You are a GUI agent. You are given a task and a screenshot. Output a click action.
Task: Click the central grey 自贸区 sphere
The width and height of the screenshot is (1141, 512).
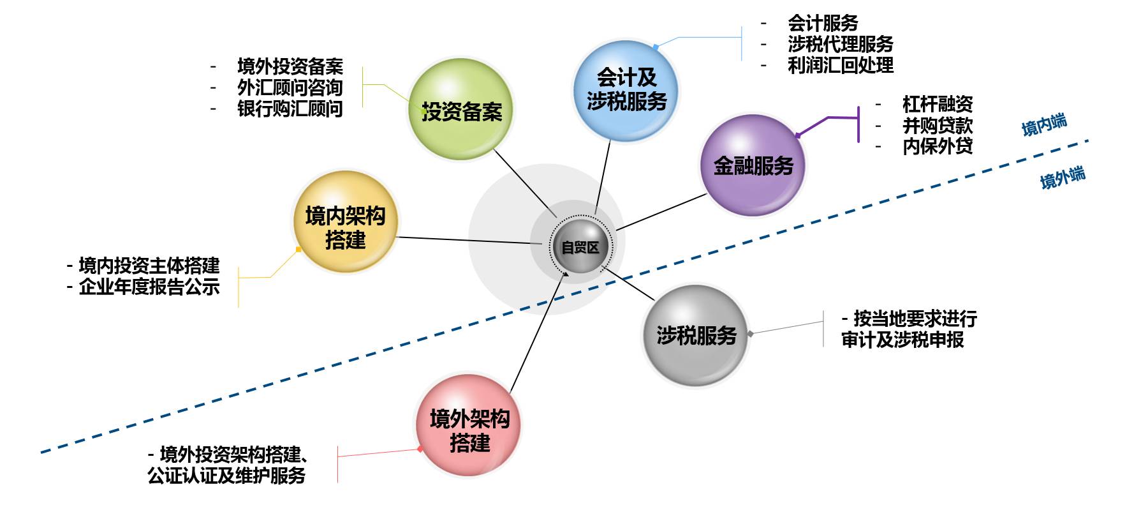click(x=580, y=247)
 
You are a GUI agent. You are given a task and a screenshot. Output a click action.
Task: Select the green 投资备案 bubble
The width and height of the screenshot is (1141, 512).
click(x=461, y=110)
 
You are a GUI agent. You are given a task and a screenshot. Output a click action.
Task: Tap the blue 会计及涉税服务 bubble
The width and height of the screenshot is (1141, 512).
click(x=626, y=91)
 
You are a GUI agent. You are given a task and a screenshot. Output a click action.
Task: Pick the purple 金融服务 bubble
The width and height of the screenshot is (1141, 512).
click(x=753, y=165)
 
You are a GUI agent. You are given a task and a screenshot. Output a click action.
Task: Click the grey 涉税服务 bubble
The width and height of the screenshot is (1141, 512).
click(x=695, y=335)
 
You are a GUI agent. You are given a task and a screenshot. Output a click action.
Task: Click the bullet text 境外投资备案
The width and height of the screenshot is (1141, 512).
click(x=290, y=66)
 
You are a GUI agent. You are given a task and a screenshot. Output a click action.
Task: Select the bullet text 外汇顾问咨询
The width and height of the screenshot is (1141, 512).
click(x=290, y=87)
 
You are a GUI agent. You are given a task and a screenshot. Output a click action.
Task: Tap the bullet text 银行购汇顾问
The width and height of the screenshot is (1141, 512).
click(x=290, y=109)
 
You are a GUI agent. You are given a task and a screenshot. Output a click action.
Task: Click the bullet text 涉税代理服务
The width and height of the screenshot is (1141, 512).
click(x=840, y=44)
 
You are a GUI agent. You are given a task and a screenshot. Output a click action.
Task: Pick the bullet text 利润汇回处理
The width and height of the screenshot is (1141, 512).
click(x=840, y=65)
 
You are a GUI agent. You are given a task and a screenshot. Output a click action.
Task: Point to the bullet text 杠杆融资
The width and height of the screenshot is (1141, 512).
click(x=937, y=104)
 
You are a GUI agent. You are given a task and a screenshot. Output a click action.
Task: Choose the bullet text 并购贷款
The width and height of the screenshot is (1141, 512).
click(x=937, y=125)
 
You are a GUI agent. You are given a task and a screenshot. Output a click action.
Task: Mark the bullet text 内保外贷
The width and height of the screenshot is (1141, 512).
click(x=937, y=146)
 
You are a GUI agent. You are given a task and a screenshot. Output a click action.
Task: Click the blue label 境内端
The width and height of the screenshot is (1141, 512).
click(x=1044, y=124)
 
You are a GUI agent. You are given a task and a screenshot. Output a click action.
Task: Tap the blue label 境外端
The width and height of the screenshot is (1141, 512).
click(x=1063, y=177)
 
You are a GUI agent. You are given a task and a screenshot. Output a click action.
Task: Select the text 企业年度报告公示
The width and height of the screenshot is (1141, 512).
click(x=149, y=287)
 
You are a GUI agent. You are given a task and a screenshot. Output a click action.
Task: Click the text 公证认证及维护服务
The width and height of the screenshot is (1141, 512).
click(x=226, y=476)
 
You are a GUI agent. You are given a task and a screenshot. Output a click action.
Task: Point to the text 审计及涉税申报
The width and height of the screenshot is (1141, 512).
click(x=902, y=340)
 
